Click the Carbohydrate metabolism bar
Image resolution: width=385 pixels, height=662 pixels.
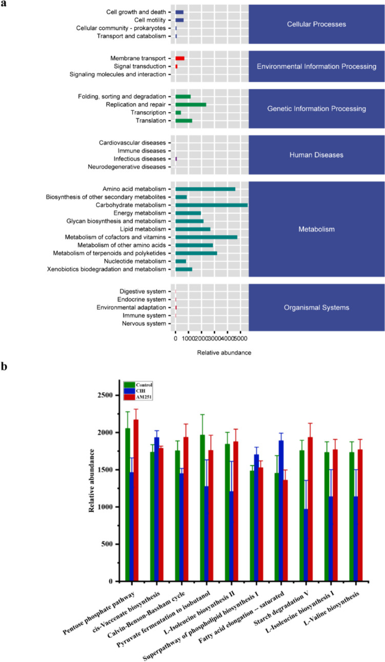pos(211,205)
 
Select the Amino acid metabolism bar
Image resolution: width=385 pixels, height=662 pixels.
pos(205,189)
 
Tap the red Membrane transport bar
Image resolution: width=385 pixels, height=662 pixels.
pos(180,58)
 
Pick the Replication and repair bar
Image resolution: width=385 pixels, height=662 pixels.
pos(191,105)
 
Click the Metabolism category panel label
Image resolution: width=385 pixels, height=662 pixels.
pos(316,229)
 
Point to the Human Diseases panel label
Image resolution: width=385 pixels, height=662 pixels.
pos(316,155)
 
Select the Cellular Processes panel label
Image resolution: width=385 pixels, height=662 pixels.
pos(316,24)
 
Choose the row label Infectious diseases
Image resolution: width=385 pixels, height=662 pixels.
pos(138,159)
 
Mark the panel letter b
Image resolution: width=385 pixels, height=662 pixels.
pos(5,368)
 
